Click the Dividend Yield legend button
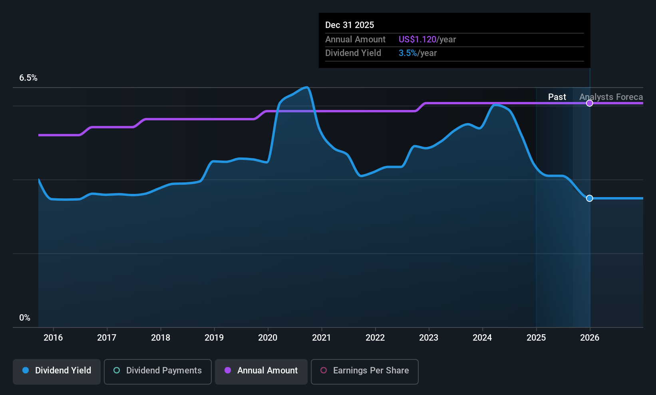[57, 371]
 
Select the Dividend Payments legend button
[158, 371]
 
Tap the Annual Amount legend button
[261, 371]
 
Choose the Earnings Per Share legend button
[364, 371]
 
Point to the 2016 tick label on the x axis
[53, 338]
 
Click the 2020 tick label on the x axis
[268, 338]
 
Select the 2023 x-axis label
[429, 338]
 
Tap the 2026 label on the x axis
[590, 338]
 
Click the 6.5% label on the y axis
[28, 78]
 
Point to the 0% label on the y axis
[25, 318]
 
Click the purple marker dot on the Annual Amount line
[590, 103]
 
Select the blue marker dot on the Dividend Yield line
[590, 198]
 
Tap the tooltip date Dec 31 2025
[350, 25]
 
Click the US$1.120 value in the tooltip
[417, 40]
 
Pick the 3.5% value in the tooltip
[408, 53]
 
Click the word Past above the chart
[557, 97]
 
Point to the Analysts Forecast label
[611, 97]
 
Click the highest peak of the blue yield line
[306, 87]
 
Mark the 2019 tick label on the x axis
[214, 338]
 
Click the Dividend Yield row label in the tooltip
[353, 53]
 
